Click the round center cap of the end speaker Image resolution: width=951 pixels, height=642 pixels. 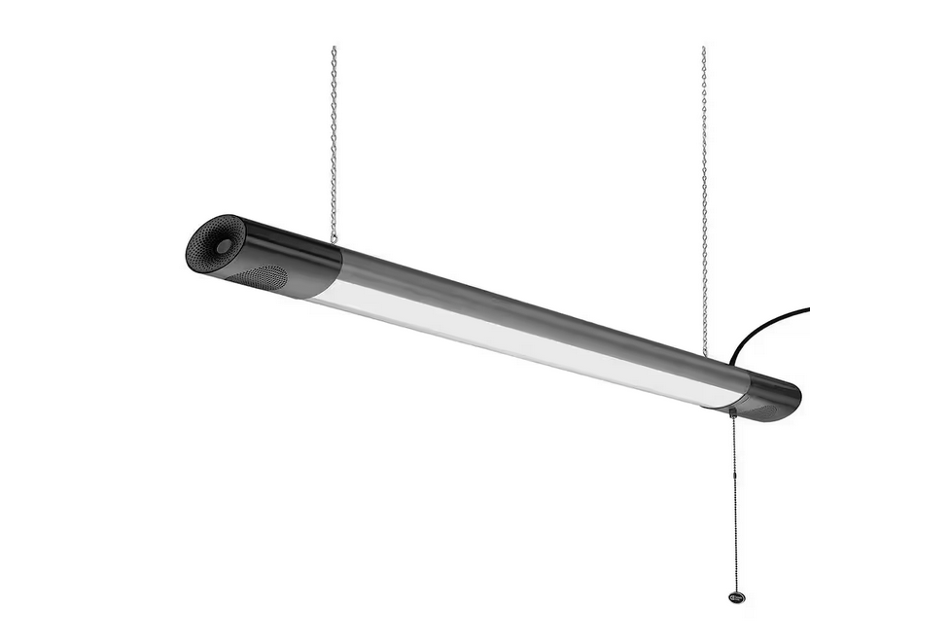click(x=224, y=246)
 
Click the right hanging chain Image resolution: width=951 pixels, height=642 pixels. click(x=704, y=195)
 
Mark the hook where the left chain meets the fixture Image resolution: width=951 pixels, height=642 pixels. click(x=334, y=237)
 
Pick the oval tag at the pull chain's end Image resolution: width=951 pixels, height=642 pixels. click(x=737, y=595)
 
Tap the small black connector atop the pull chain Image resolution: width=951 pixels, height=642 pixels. click(x=731, y=412)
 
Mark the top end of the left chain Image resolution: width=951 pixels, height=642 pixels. click(x=334, y=49)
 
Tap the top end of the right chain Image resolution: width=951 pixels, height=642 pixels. click(x=703, y=49)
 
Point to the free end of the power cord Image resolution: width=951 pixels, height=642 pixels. click(x=807, y=309)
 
